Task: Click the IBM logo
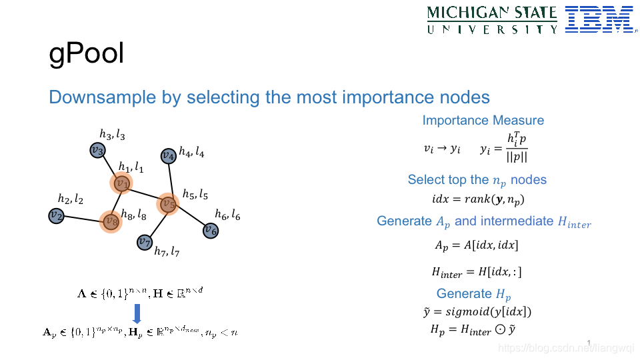click(599, 19)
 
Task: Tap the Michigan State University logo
click(492, 20)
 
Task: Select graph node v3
click(98, 151)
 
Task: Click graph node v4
click(169, 156)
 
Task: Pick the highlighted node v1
click(121, 183)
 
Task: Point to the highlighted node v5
click(168, 204)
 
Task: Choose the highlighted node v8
click(111, 221)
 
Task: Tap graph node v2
click(56, 215)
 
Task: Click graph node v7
click(145, 241)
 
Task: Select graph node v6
click(210, 231)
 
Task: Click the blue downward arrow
click(136, 313)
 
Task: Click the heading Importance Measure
click(483, 121)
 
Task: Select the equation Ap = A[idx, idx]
click(476, 245)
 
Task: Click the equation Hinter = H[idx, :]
click(476, 272)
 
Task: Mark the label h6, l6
click(227, 214)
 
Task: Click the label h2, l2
click(71, 199)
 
